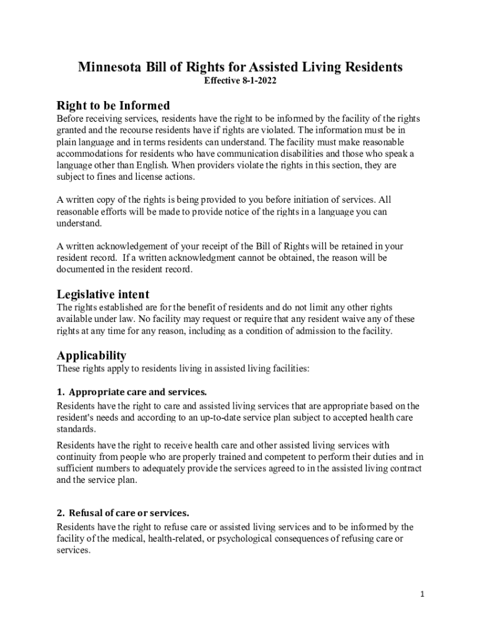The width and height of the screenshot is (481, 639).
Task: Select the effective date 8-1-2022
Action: pyautogui.click(x=257, y=82)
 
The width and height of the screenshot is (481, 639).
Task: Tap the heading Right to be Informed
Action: pyautogui.click(x=113, y=105)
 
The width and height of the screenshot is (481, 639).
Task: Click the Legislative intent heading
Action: pyautogui.click(x=103, y=294)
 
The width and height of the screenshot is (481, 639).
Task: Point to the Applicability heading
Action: pyautogui.click(x=91, y=356)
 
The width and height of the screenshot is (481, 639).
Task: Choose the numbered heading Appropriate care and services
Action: pyautogui.click(x=137, y=393)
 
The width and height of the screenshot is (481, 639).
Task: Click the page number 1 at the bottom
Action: pyautogui.click(x=422, y=594)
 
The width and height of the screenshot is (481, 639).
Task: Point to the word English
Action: pyautogui.click(x=151, y=165)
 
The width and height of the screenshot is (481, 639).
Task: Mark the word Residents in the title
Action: pyautogui.click(x=371, y=67)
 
